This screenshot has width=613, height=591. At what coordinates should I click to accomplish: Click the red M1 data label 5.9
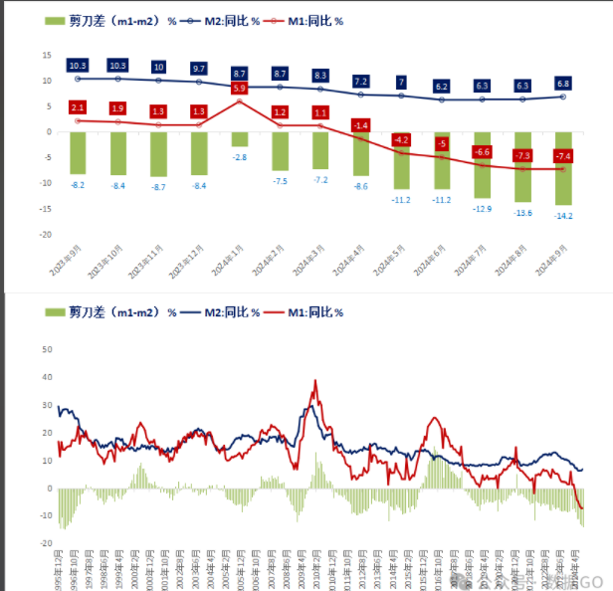(240, 89)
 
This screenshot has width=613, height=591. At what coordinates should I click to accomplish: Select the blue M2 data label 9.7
(199, 68)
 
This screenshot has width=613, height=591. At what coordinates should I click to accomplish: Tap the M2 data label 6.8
(563, 85)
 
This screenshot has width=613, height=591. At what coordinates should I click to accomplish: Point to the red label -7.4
(563, 156)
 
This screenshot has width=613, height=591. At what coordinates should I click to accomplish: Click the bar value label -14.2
(563, 216)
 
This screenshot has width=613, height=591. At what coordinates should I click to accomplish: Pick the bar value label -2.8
(240, 157)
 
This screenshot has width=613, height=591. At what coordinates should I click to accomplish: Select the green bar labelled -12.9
(482, 164)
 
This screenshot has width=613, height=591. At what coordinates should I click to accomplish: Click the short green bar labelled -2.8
(240, 139)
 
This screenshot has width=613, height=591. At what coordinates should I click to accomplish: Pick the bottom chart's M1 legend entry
(305, 312)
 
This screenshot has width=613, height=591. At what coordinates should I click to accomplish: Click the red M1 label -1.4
(360, 125)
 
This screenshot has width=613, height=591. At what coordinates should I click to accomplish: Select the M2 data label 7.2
(360, 81)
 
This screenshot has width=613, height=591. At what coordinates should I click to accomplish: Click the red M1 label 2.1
(78, 106)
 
